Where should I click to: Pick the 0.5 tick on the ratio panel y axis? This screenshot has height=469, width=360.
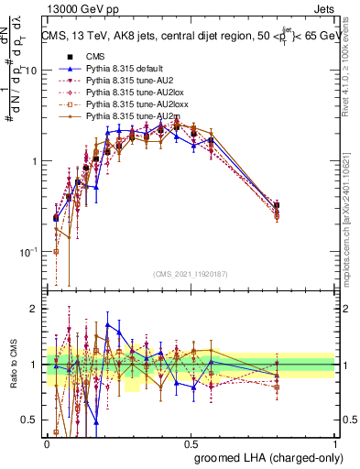[x=33, y=420]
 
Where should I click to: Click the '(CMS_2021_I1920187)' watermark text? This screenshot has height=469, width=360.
[x=191, y=274]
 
